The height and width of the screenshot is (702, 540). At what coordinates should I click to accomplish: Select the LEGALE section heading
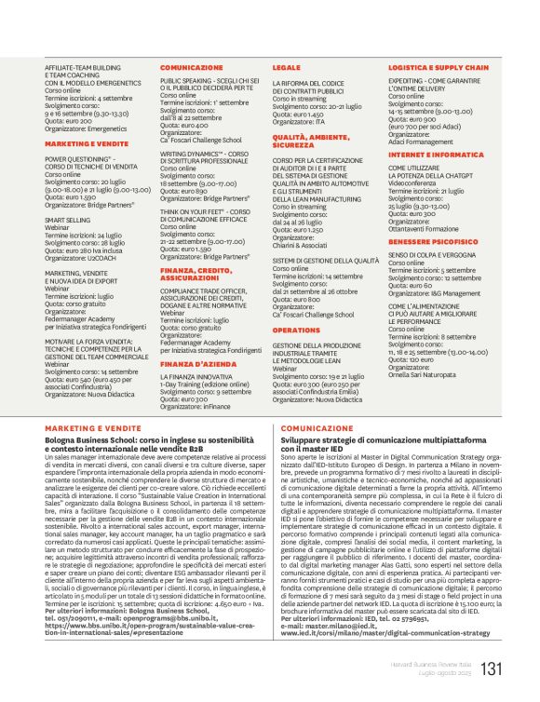[x=287, y=68]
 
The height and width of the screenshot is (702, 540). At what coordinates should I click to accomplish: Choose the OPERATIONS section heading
[x=297, y=330]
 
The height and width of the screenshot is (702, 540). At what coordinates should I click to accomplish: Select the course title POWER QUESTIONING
[x=80, y=157]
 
